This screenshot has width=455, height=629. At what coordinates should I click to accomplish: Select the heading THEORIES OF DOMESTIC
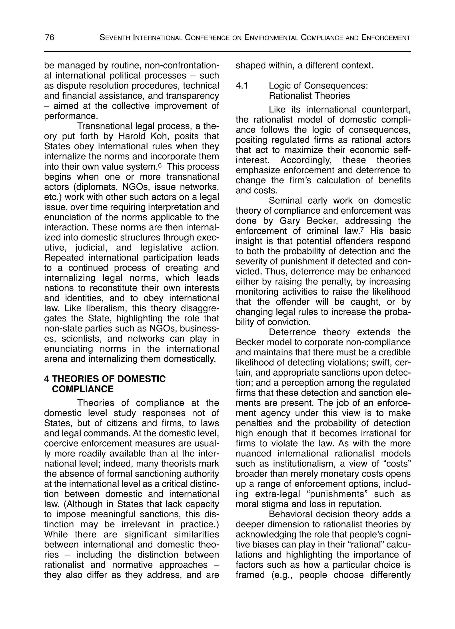tap(109, 379)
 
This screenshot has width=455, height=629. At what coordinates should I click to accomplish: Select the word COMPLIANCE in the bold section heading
tap(83, 389)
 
